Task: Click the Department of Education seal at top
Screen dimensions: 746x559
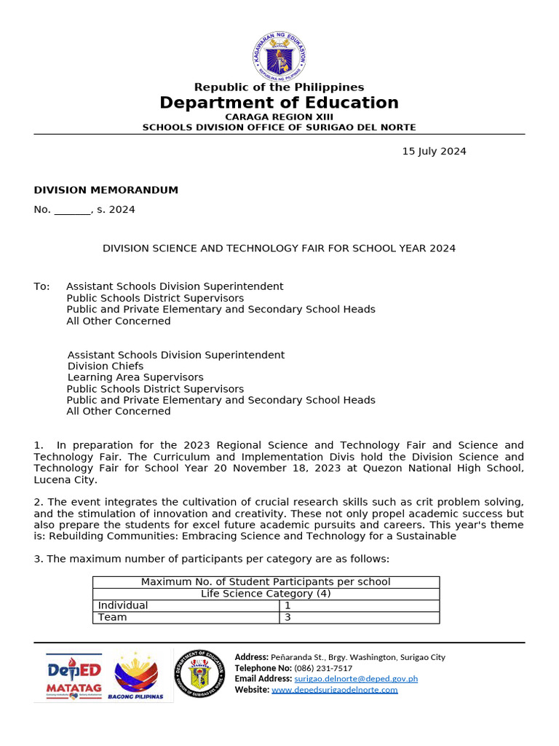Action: pos(279,56)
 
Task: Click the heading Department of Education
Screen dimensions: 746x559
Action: pos(279,103)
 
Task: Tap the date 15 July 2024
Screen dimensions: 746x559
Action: pos(434,152)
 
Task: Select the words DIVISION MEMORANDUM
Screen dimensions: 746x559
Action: pos(106,190)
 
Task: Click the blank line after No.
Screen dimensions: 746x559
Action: pos(72,211)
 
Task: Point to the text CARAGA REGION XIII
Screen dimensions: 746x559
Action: pos(279,117)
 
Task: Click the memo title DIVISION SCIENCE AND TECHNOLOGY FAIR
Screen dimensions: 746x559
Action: pos(279,248)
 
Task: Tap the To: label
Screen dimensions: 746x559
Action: pos(41,287)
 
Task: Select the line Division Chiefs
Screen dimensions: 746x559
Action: pos(106,366)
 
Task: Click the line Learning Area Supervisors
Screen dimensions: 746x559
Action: pos(135,377)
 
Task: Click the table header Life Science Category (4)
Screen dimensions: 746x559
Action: pos(266,594)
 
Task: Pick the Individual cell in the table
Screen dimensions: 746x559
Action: pos(123,605)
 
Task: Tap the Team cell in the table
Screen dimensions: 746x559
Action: pos(112,617)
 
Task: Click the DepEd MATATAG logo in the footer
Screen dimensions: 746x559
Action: pos(74,676)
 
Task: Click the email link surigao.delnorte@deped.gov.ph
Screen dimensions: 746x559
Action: pos(356,679)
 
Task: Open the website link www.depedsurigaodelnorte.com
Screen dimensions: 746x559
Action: pos(335,690)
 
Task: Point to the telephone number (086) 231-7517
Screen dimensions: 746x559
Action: pos(323,668)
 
